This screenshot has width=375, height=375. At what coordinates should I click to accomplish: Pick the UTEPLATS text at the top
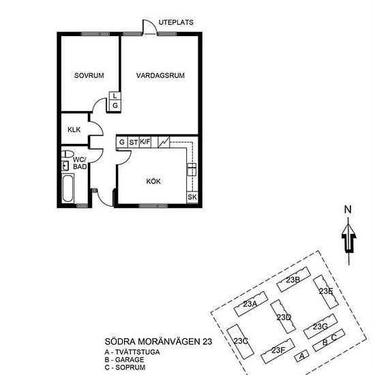175,22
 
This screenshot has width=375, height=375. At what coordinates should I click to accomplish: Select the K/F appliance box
145,142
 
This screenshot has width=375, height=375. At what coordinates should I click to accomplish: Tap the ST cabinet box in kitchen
133,142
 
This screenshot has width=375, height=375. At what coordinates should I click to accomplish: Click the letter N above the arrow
348,209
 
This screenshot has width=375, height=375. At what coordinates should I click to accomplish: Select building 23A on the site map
250,303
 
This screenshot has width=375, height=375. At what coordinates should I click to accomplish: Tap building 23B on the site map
294,280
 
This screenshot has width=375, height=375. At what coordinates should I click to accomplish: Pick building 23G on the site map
320,326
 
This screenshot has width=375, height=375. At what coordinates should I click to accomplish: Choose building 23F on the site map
277,350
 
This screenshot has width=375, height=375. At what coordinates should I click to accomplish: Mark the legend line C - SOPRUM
127,367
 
